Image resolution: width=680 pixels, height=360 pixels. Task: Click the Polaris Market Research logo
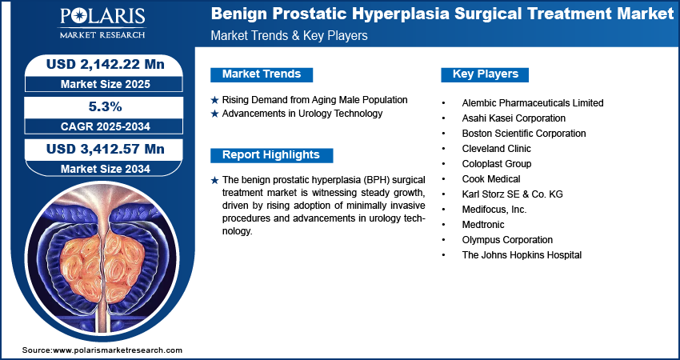pos(102,23)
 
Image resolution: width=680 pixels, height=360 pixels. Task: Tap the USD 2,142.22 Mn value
pos(106,64)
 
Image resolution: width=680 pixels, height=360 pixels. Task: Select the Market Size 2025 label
pos(106,84)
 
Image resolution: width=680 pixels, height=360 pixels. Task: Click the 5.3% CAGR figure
pos(106,106)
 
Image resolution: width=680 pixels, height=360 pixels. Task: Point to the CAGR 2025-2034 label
pos(106,126)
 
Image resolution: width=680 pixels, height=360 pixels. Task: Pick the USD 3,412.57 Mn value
pos(106,150)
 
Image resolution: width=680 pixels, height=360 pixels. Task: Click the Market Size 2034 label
pos(106,169)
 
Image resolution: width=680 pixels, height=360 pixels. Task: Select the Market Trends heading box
pos(262,74)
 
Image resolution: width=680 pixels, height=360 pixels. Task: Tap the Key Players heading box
pos(485,74)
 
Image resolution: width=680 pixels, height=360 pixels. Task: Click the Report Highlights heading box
pos(271,155)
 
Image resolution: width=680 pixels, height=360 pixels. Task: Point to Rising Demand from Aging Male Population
pos(314,100)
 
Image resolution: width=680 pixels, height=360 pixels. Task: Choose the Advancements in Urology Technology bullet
pos(302,114)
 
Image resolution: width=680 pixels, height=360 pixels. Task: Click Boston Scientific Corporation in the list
pos(524,133)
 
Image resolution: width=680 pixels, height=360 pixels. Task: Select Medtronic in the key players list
pos(483,224)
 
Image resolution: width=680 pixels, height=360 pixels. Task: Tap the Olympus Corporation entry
pos(507,239)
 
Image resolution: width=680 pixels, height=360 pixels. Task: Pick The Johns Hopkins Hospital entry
pos(522,254)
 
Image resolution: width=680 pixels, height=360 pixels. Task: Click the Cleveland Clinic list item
pos(497,148)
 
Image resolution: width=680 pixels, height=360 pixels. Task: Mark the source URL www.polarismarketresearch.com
pos(118,350)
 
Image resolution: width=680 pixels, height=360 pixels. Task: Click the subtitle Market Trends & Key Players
pos(289,35)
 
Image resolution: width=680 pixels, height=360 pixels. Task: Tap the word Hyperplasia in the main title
pos(402,14)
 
